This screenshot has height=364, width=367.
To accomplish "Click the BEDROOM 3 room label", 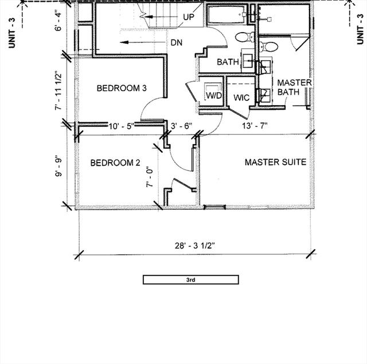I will click(122, 88).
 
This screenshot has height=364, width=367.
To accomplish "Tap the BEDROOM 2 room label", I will click(115, 163).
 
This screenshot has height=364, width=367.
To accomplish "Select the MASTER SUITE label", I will click(275, 162).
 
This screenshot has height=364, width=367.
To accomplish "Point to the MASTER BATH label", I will click(294, 87).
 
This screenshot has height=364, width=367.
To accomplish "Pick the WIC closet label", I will click(241, 98).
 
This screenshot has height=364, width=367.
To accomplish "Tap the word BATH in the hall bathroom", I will click(227, 62).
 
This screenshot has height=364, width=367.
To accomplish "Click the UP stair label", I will click(189, 17).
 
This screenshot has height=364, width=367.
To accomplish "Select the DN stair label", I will click(176, 43).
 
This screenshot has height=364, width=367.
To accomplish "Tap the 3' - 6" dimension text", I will click(182, 126).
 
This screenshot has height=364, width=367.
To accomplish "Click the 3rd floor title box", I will click(191, 280).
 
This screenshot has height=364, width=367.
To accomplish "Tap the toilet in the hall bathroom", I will click(242, 38).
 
